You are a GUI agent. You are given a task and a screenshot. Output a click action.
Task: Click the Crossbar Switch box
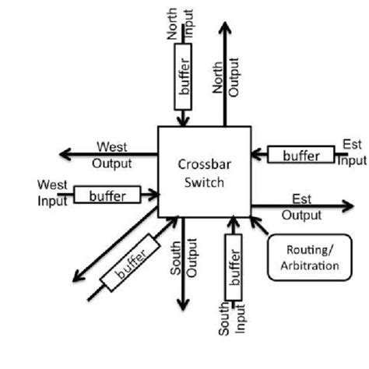point(203,171)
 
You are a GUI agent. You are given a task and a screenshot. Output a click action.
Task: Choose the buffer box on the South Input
point(231,269)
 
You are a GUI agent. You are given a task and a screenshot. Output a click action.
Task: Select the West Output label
point(113,154)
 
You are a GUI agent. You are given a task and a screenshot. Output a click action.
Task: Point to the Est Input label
point(351,153)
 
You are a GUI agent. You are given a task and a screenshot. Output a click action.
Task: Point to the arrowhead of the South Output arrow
point(184,306)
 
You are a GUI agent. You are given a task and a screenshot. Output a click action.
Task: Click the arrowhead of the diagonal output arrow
point(74,275)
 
